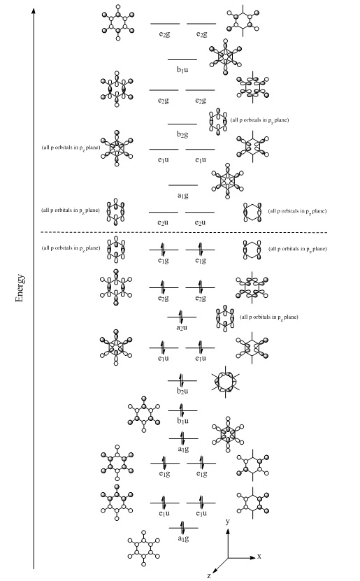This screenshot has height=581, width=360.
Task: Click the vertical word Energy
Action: pyautogui.click(x=20, y=288)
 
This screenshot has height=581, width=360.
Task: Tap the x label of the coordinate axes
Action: pyautogui.click(x=259, y=556)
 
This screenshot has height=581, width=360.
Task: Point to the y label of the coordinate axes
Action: pyautogui.click(x=227, y=522)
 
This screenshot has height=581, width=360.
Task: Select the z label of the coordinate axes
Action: pyautogui.click(x=209, y=575)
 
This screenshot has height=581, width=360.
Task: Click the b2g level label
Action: pyautogui.click(x=182, y=134)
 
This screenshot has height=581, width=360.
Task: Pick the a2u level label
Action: pyautogui.click(x=182, y=327)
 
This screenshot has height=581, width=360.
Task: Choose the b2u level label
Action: pyautogui.click(x=182, y=391)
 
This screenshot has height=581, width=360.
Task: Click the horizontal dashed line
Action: pyautogui.click(x=184, y=233)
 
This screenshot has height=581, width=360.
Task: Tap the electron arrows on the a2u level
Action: pyautogui.click(x=181, y=317)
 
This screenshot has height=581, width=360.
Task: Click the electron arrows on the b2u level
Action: pyautogui.click(x=182, y=380)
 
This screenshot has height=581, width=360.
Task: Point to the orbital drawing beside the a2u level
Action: pyautogui.click(x=225, y=318)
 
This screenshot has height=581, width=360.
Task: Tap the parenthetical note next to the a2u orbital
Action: pyautogui.click(x=269, y=317)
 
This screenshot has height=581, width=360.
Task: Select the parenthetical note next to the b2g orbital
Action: pyautogui.click(x=259, y=120)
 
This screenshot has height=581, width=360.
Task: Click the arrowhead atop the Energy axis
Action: pyautogui.click(x=34, y=10)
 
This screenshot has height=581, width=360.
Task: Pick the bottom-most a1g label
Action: pyautogui.click(x=183, y=538)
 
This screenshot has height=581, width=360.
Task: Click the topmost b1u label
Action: pyautogui.click(x=182, y=70)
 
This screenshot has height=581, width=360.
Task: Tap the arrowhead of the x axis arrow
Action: pyautogui.click(x=253, y=557)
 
